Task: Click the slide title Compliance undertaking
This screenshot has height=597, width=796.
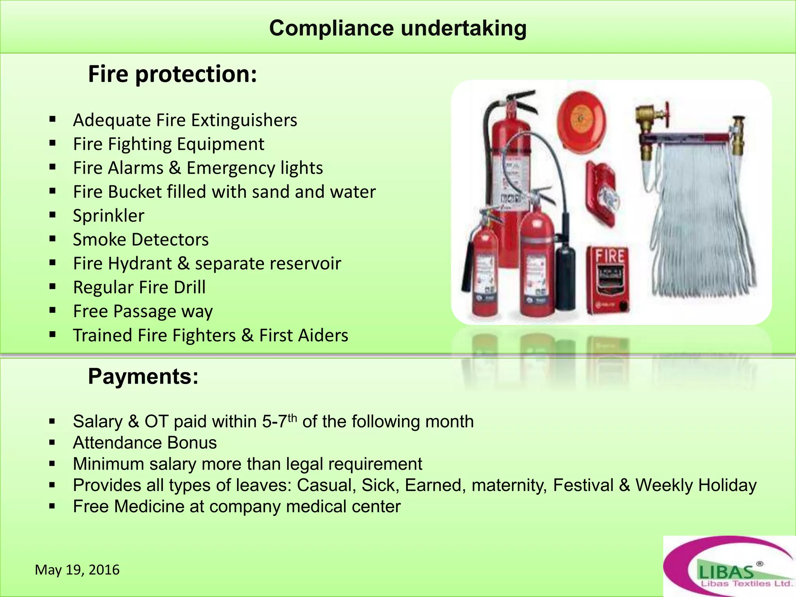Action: tap(398, 28)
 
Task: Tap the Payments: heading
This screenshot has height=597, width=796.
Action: tap(143, 376)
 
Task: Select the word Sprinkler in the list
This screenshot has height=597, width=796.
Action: tap(108, 216)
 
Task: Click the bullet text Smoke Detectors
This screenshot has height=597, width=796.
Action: tap(141, 239)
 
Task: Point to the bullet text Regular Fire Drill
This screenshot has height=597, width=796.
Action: tap(139, 288)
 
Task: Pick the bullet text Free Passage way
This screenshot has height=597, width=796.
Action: tap(143, 311)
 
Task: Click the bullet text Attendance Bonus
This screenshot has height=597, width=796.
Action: tap(145, 443)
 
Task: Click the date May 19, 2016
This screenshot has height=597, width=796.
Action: tap(77, 570)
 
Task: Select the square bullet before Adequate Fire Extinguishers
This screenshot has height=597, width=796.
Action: tap(53, 119)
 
